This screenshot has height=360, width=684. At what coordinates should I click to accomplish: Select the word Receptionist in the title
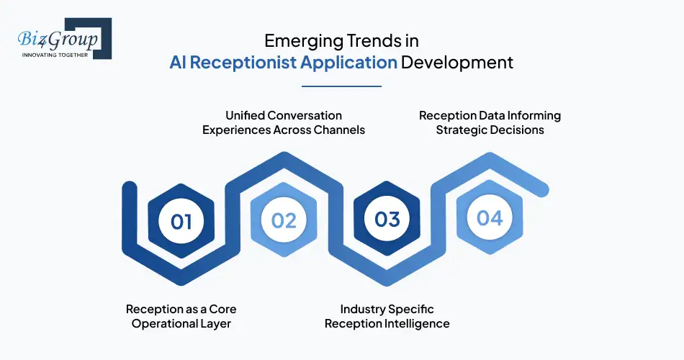tap(252, 62)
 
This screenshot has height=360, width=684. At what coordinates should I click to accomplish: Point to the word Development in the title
tap(457, 62)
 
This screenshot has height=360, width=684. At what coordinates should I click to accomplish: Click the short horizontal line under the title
tap(341, 86)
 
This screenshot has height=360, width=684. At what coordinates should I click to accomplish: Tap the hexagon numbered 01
tap(181, 220)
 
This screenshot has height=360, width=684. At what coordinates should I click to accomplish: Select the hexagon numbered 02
tap(284, 220)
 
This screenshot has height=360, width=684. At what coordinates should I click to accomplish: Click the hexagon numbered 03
tap(387, 219)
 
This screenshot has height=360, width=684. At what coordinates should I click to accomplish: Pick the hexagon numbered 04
tap(490, 217)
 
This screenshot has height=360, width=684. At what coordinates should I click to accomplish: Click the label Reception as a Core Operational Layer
tap(181, 316)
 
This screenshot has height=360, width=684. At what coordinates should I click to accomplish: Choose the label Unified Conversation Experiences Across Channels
tap(284, 122)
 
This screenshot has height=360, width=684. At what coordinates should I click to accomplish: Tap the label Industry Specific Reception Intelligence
tap(387, 316)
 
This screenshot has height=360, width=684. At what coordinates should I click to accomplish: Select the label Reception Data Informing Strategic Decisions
tap(490, 122)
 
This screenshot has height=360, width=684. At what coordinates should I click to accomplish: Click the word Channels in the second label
tap(340, 130)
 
